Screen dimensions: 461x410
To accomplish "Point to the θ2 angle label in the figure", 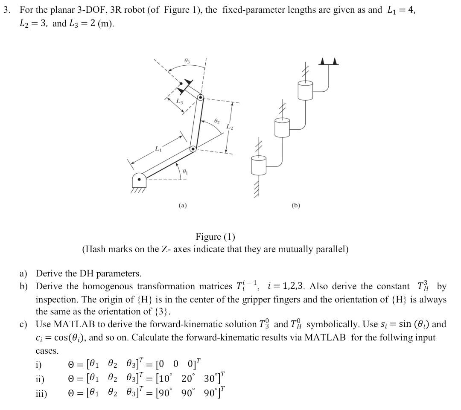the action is click(216, 122).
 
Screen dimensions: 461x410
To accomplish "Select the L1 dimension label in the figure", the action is click(158, 148).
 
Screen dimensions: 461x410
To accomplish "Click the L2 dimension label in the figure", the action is click(230, 127).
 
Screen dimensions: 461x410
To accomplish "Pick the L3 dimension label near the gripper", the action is click(180, 101).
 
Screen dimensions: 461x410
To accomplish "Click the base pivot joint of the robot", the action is click(139, 180).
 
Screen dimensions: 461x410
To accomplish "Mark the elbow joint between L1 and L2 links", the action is click(193, 148).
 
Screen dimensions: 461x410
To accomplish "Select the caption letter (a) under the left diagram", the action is click(183, 206).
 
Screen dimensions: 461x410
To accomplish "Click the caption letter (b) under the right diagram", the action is click(296, 206).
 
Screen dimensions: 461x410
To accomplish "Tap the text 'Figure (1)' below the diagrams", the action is click(215, 237).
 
